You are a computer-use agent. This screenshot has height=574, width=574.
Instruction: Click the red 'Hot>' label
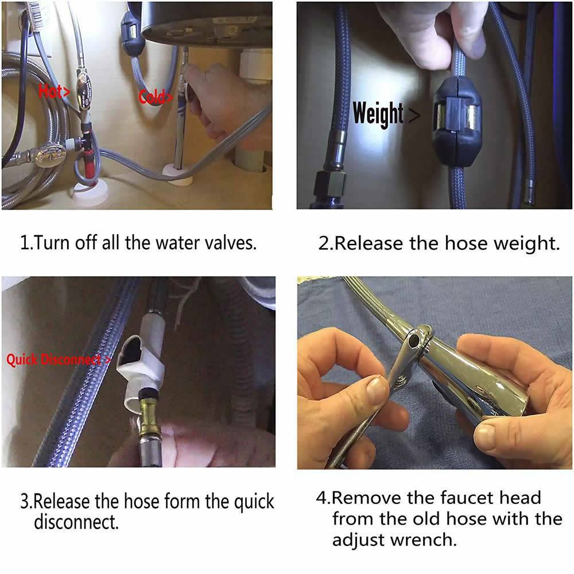click(x=54, y=91)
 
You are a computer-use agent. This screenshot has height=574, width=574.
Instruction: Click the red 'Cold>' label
click(x=156, y=97)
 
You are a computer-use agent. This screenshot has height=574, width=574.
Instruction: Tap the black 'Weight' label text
click(x=378, y=114)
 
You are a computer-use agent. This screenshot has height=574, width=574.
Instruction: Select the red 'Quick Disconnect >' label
click(x=59, y=359)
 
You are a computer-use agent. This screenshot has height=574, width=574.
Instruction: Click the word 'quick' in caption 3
click(x=254, y=502)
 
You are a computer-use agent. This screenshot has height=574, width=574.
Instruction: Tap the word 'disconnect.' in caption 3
click(x=76, y=522)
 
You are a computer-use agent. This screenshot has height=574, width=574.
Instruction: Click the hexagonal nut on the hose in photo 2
click(x=331, y=184)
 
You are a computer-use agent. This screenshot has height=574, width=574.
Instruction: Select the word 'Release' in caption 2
click(x=369, y=243)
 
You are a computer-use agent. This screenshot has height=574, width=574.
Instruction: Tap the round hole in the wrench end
click(x=414, y=340)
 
